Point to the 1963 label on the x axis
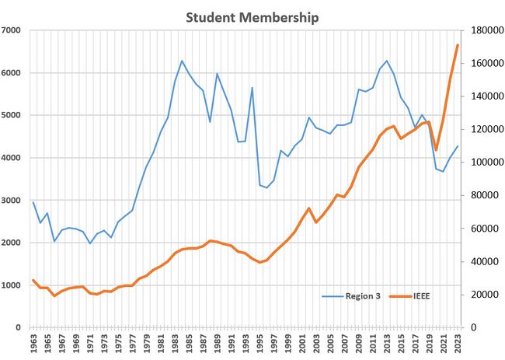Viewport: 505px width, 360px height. click(33, 343)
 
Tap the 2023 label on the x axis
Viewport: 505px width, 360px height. click(457, 343)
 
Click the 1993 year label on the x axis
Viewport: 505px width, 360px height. click(245, 343)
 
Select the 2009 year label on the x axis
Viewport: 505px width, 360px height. click(358, 343)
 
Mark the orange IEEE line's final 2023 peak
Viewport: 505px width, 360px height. click(457, 45)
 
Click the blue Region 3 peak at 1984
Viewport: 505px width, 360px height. click(182, 61)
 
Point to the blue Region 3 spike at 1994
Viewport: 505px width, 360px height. click(252, 88)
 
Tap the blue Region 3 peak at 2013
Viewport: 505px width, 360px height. click(386, 61)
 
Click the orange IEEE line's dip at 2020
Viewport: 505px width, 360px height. click(436, 150)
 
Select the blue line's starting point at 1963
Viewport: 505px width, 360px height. click(33, 202)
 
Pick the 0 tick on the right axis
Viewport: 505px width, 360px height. click(471, 327)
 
